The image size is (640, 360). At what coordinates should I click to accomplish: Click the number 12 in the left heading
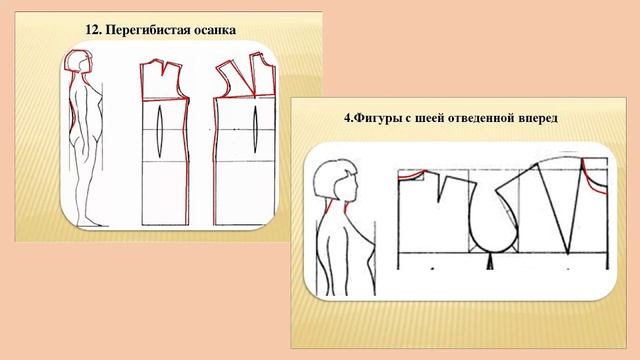point(92,30)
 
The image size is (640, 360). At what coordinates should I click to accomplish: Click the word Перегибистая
point(141,31)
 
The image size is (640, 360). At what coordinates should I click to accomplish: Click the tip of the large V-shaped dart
point(568,253)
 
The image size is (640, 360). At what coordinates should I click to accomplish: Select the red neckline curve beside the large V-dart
point(593,178)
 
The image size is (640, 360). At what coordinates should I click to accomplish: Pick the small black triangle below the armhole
point(490,262)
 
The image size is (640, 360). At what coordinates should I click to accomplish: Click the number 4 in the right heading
point(347,119)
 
